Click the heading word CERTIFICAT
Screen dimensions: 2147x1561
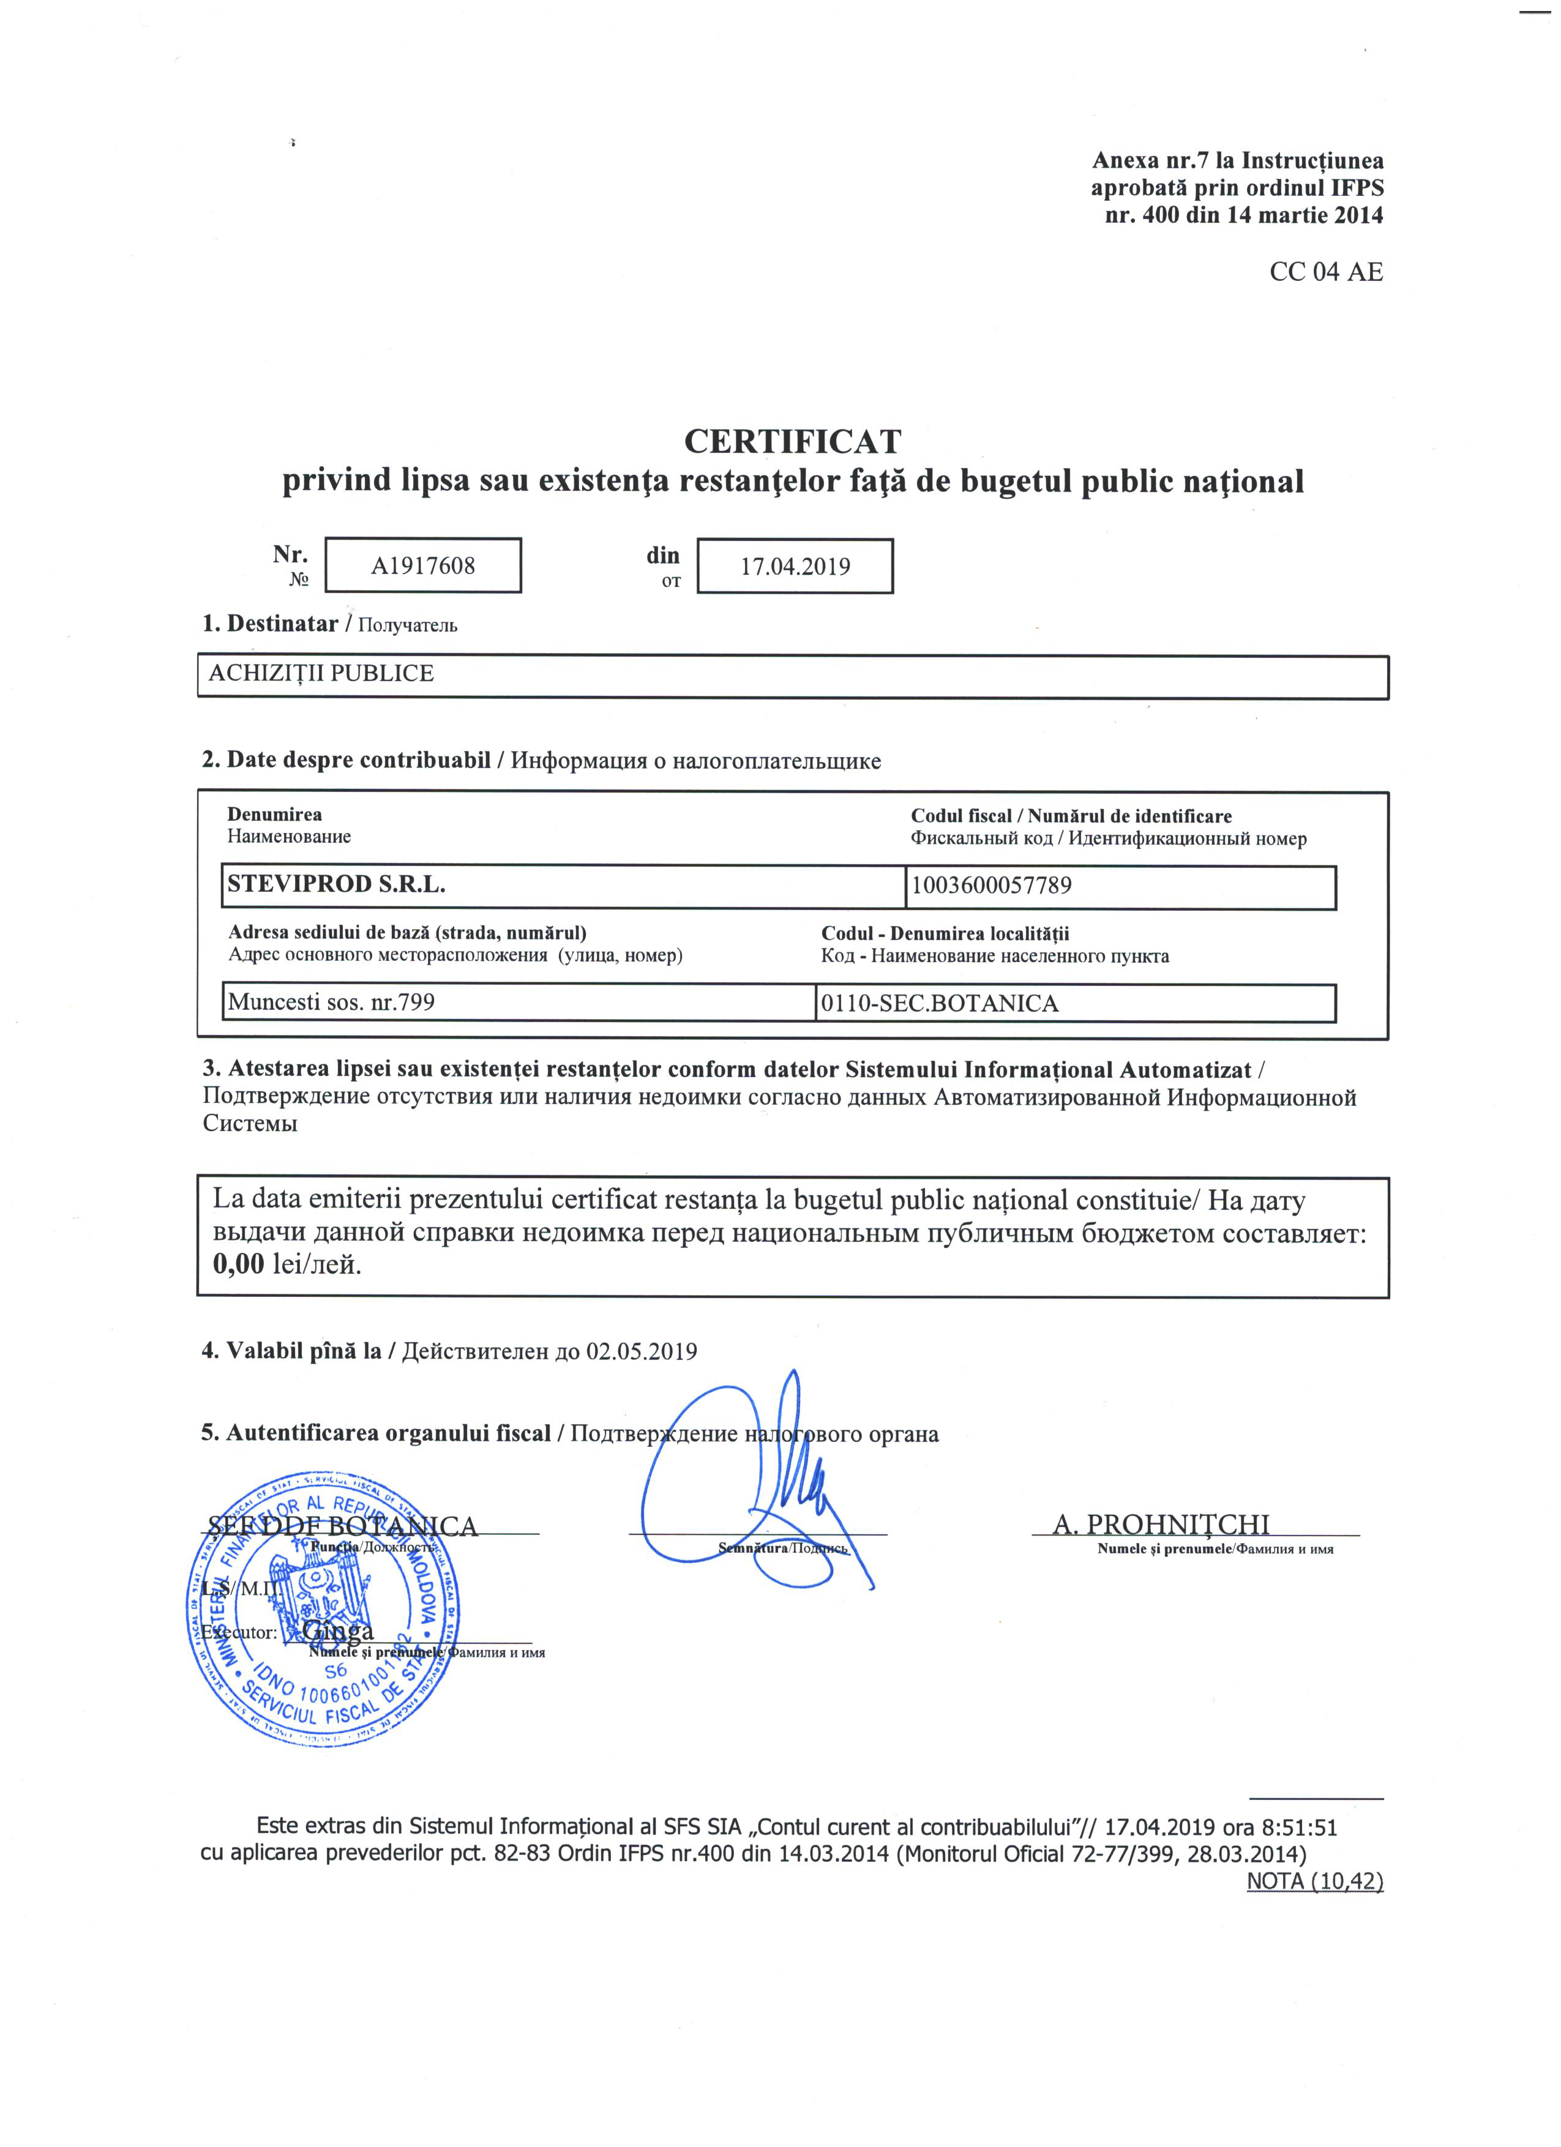(792, 441)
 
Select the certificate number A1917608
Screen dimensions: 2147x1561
(422, 566)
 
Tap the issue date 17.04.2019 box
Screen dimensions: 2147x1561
(795, 566)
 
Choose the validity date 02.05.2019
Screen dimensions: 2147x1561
(642, 1351)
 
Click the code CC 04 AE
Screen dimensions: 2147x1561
(1325, 272)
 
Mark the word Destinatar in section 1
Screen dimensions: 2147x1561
(282, 624)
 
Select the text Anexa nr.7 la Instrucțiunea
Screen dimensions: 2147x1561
(1237, 161)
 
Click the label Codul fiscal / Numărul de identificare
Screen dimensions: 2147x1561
(1071, 816)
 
